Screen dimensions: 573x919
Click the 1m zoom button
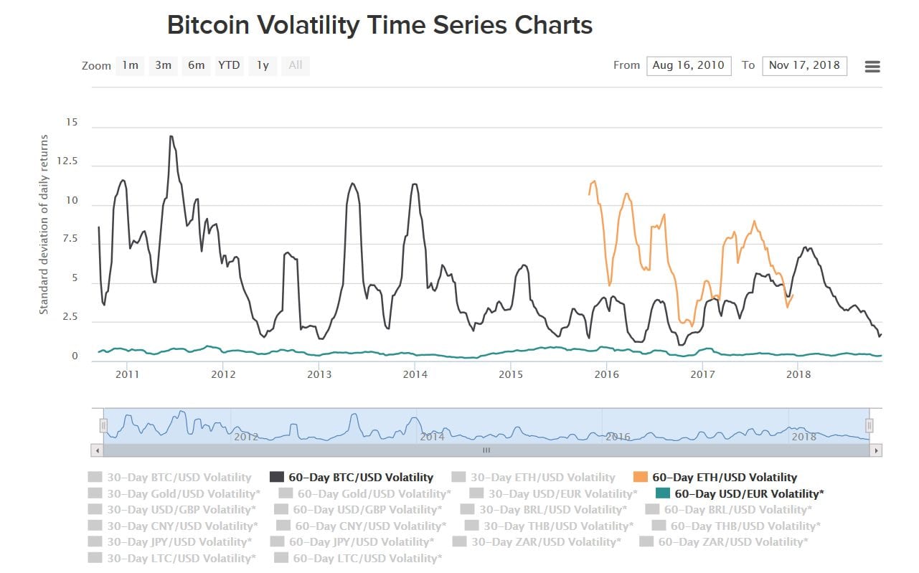(130, 65)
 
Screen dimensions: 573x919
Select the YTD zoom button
(229, 65)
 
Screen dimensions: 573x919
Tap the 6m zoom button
(196, 65)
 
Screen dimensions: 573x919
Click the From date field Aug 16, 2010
(689, 65)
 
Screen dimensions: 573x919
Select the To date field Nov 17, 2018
(804, 65)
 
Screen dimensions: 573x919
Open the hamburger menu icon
(872, 67)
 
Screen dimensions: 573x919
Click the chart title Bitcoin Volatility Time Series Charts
(380, 25)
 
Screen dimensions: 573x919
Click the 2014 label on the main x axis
(415, 374)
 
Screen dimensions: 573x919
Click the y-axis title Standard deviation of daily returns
(44, 224)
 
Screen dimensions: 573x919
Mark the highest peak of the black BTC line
(171, 136)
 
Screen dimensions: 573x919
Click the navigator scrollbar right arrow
(875, 450)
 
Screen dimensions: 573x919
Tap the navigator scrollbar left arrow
(97, 450)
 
